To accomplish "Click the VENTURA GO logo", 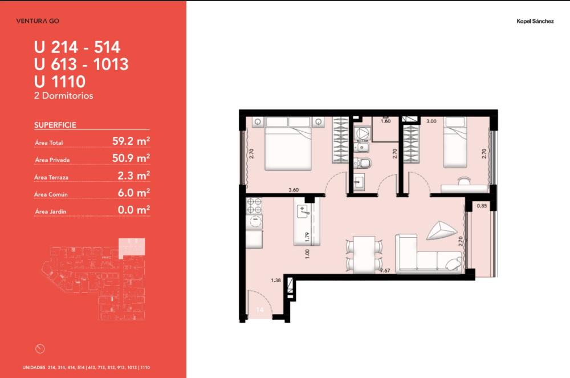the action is pos(38,21).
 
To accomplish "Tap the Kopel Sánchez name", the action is pos(535,21).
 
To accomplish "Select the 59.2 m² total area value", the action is pos(131,141).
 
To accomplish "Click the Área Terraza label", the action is pos(51,177).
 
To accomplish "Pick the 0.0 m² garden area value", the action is pos(134,210).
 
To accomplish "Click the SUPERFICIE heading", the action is pos(55,125).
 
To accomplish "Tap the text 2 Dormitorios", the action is pos(64,96).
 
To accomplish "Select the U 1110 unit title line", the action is pos(60,81).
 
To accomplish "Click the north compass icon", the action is pos(40,349).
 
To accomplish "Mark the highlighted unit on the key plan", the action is pos(132,247).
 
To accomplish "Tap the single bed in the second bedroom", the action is pos(455,142).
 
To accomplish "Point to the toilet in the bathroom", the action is pos(362,163).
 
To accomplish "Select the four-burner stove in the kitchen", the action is pos(254,206).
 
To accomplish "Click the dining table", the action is pos(364,254).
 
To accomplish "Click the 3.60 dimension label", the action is pos(294,190).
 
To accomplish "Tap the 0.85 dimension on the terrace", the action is pos(482,206).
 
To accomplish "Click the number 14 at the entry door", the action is pos(259,310).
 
